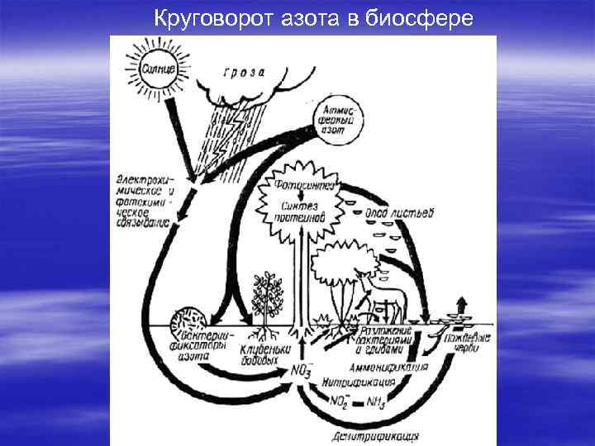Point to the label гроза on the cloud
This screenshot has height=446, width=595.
(245, 71)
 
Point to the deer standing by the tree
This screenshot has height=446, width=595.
(382, 301)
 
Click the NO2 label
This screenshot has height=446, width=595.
(338, 403)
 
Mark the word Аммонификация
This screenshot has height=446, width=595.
(388, 366)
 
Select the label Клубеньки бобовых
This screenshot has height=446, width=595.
(262, 355)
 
